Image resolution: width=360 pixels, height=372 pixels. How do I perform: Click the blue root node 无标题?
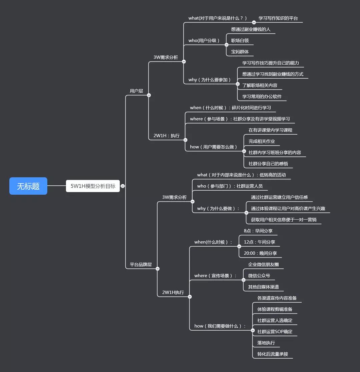click(28, 186)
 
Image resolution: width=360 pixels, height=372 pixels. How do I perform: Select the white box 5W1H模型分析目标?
click(93, 186)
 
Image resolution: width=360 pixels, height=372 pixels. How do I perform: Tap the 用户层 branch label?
click(136, 91)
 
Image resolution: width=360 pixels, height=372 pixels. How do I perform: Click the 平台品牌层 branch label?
click(141, 265)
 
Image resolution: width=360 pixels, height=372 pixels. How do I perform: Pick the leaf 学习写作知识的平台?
click(278, 18)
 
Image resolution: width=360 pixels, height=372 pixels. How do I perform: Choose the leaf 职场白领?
click(240, 41)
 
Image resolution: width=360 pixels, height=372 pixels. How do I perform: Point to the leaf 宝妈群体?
click(240, 52)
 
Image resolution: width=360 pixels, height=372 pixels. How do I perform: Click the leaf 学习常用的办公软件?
click(262, 97)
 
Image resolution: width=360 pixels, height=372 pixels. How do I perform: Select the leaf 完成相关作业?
click(262, 141)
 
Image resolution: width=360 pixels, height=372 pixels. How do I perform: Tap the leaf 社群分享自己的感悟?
click(268, 164)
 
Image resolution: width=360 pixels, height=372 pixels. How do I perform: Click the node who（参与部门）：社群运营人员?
click(230, 186)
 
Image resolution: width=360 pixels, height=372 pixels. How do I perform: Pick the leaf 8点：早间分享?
click(258, 231)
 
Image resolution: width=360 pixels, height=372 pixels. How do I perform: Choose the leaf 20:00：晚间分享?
click(260, 253)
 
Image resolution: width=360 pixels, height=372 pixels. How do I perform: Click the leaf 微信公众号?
click(259, 276)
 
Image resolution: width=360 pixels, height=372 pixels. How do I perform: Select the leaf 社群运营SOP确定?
click(275, 332)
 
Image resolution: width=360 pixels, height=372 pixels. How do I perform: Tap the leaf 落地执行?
click(266, 343)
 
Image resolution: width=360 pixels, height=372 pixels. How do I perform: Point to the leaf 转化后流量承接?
click(273, 354)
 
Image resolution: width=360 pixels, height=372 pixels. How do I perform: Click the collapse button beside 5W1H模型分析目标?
click(123, 186)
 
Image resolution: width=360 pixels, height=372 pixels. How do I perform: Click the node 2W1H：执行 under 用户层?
click(166, 136)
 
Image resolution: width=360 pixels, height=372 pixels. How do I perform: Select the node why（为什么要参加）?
click(210, 80)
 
